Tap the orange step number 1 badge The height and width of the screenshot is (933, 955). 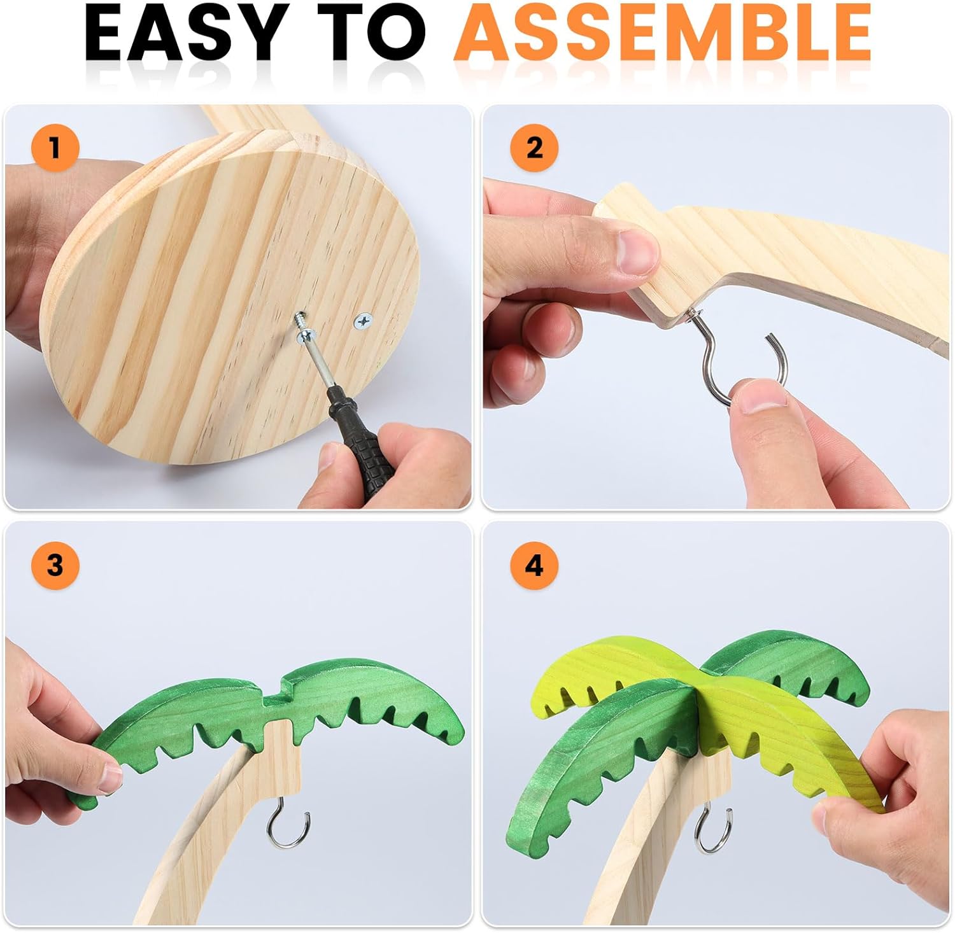(55, 148)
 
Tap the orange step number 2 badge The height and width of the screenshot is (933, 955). (535, 148)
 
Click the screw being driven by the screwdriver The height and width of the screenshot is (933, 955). (301, 325)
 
